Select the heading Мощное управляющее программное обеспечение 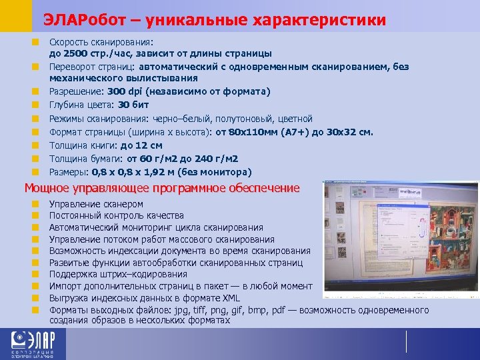[x=162, y=188]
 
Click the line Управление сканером [x=96, y=204]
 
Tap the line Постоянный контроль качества [x=116, y=215]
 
